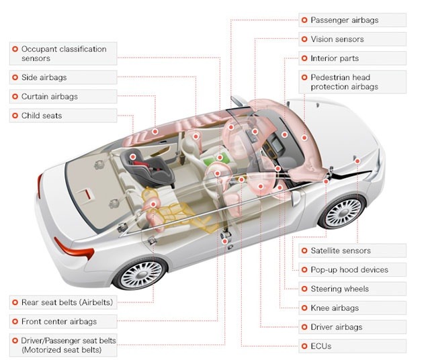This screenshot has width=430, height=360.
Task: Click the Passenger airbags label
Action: point(344,20)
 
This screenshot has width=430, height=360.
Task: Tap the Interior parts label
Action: point(335,58)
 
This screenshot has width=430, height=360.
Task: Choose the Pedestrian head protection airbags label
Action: point(344,82)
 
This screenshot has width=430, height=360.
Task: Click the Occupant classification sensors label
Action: point(64,54)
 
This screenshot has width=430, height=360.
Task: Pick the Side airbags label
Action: point(44,77)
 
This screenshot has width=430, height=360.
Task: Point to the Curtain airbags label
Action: point(50,97)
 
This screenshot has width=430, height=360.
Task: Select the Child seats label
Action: point(42,116)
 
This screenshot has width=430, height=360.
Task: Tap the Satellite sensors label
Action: point(340,251)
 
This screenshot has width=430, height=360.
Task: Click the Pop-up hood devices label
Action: point(349,270)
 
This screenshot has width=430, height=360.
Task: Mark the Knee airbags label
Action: point(335,308)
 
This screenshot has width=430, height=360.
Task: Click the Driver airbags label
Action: point(336,327)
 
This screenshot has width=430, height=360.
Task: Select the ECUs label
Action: point(320,346)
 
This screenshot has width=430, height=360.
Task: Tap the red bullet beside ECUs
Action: point(305,346)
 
